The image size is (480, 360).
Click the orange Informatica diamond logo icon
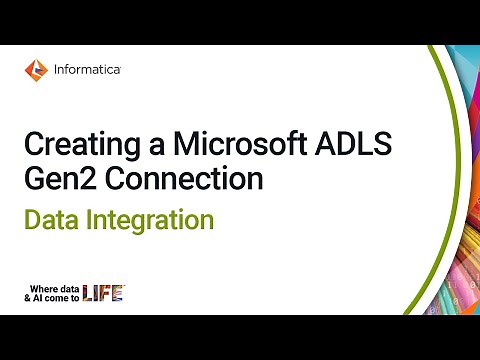point(35,69)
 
